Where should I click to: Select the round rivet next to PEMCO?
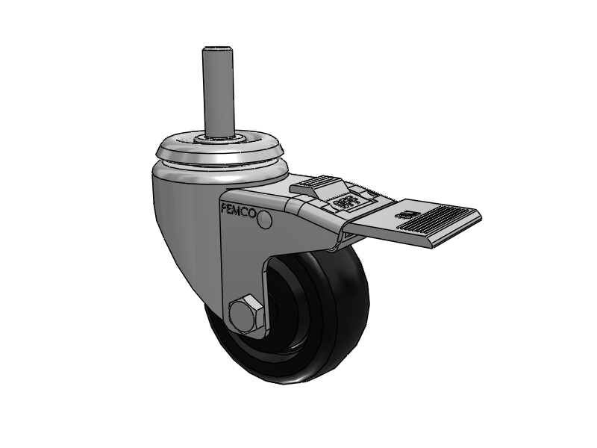pyautogui.click(x=264, y=219)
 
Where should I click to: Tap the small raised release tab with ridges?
pyautogui.click(x=316, y=186)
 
